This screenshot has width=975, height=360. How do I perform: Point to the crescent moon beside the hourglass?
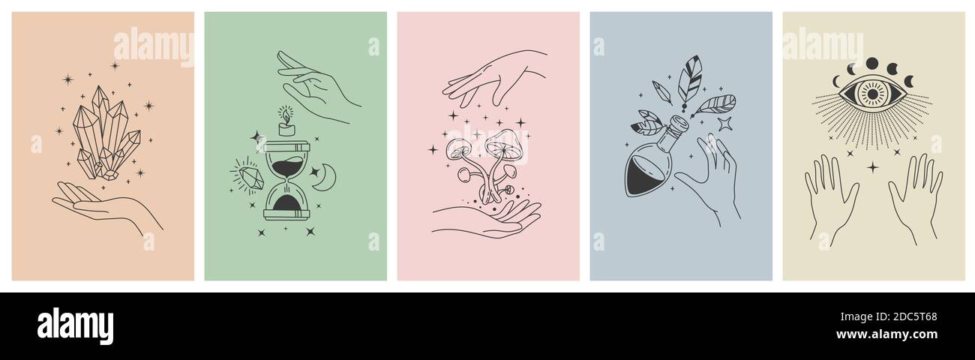click(325, 178)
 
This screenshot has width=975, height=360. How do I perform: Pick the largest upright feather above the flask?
click(689, 79)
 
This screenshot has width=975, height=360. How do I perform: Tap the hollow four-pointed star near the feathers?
click(724, 124)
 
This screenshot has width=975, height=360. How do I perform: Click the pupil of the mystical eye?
click(872, 94)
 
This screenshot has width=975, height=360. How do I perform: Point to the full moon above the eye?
click(872, 64)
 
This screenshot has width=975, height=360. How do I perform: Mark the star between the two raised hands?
click(872, 166)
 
